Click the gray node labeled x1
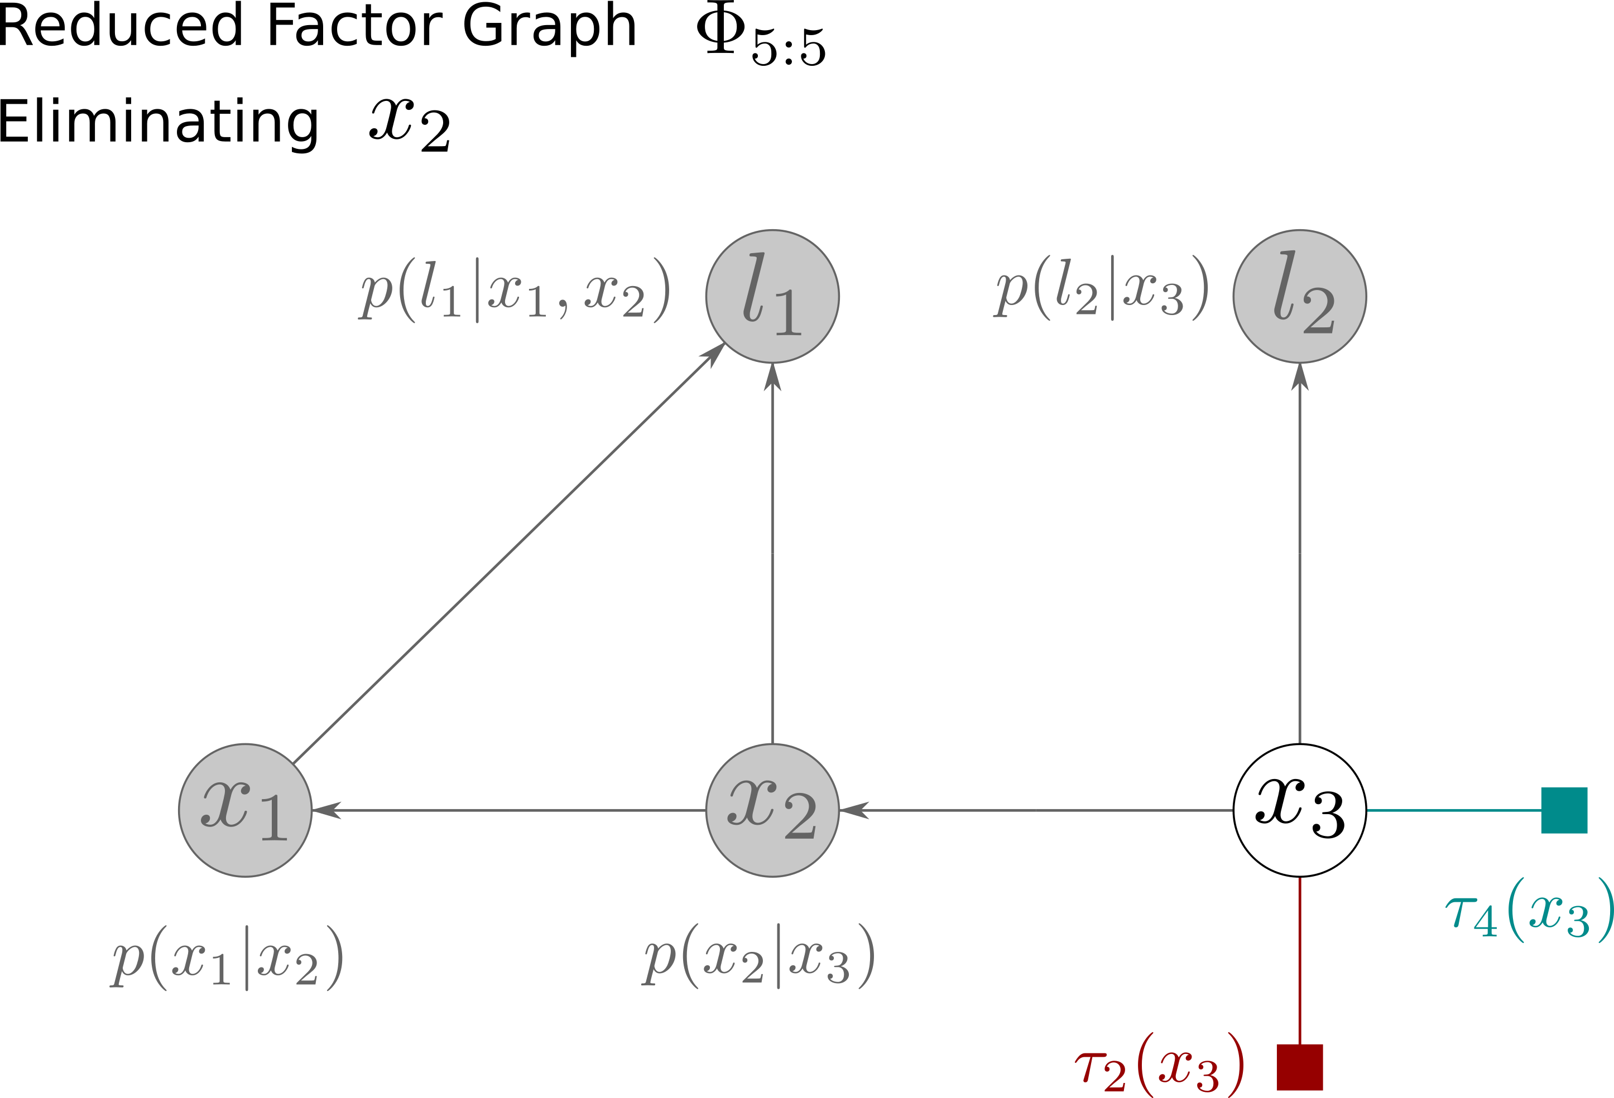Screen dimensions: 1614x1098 coord(245,810)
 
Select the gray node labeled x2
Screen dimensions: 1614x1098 coord(772,810)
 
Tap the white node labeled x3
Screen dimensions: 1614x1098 coord(1299,810)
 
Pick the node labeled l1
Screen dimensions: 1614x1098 coord(772,296)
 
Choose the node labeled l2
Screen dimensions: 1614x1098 coord(1299,296)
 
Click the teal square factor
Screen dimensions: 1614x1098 coord(1564,810)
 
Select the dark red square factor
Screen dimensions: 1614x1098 coord(1299,1067)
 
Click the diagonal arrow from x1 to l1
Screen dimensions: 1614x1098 coord(507,555)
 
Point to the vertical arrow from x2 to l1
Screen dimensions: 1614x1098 coord(772,555)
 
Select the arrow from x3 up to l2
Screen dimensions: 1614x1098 coord(1299,555)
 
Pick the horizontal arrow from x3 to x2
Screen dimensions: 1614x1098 coord(1035,810)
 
